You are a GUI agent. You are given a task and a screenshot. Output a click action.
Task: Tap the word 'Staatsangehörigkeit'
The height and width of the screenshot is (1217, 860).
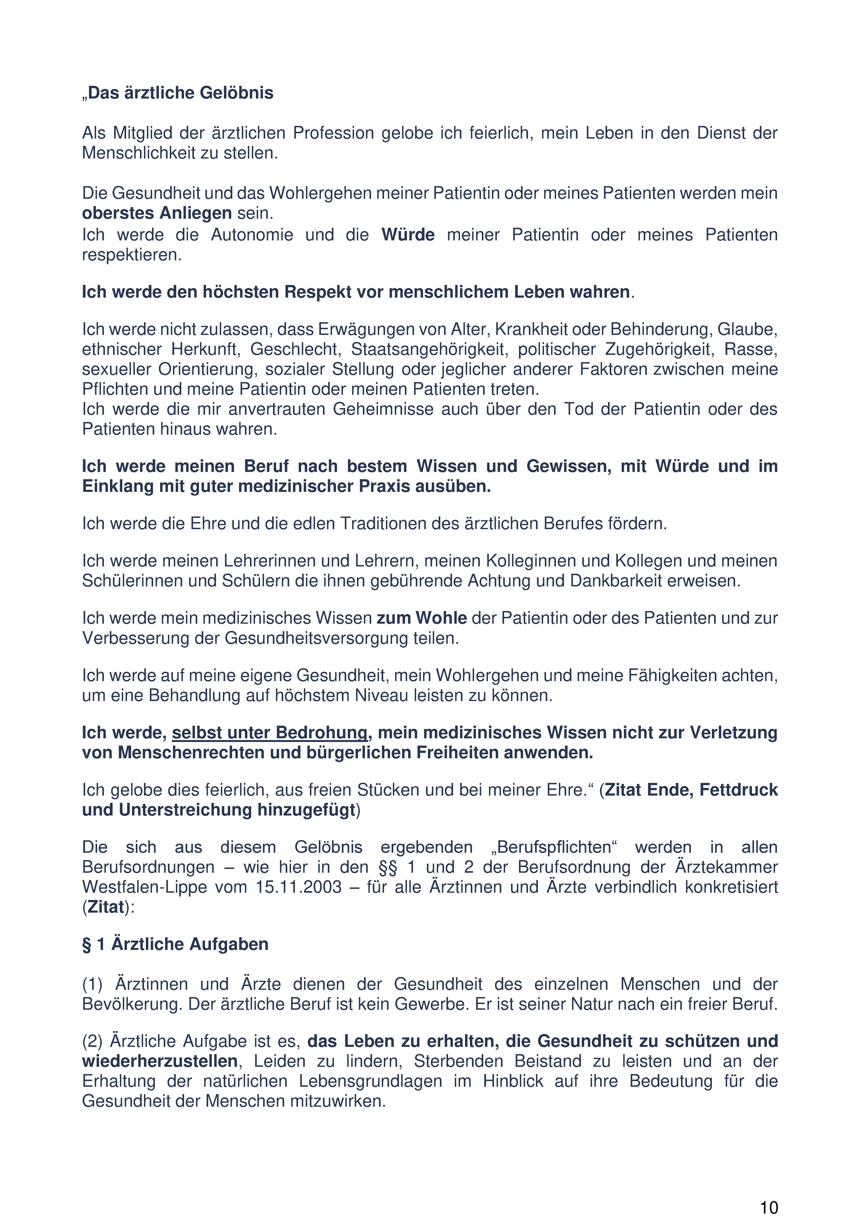[x=428, y=349]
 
